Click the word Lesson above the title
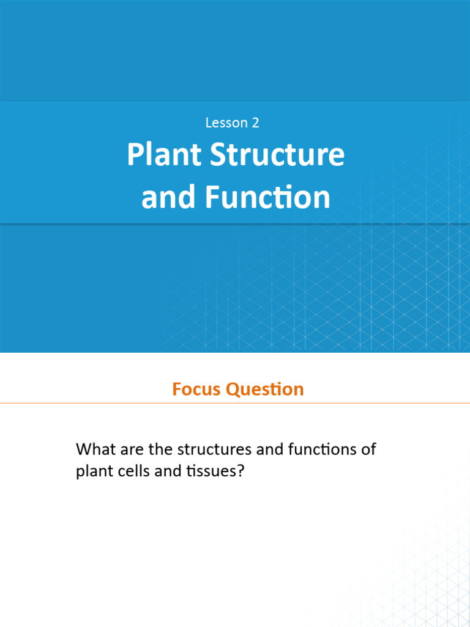[226, 122]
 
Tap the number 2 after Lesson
[255, 122]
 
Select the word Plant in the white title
[165, 156]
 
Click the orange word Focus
[196, 389]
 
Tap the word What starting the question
[94, 449]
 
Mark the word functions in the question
[319, 449]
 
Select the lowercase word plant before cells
[93, 473]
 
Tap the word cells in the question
[132, 472]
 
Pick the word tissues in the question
[211, 472]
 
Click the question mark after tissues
[241, 472]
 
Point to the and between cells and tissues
[167, 472]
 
